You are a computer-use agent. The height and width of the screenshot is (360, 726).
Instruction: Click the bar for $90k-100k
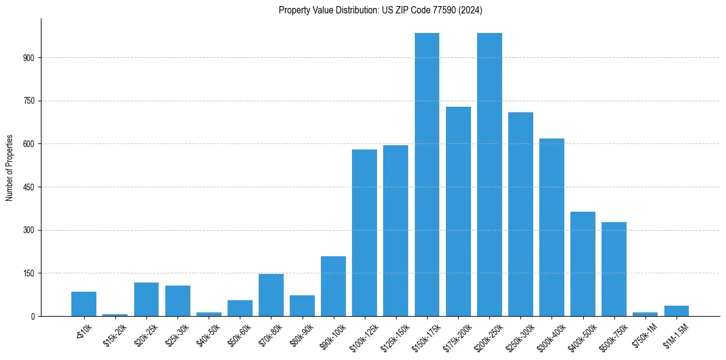coord(333,286)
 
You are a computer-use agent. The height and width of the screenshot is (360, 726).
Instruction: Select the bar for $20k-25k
coord(146,299)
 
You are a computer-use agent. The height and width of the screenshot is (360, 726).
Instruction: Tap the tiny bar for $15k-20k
coord(115,315)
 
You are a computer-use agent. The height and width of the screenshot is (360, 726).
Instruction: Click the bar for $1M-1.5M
coord(676,311)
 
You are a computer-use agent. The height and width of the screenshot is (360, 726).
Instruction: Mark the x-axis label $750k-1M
coord(643,335)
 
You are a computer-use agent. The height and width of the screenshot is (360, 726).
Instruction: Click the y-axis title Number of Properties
coord(9,168)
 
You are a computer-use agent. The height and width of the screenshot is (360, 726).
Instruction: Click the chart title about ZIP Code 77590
coord(381,10)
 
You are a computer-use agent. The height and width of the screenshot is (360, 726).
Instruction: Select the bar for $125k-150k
coord(395,232)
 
